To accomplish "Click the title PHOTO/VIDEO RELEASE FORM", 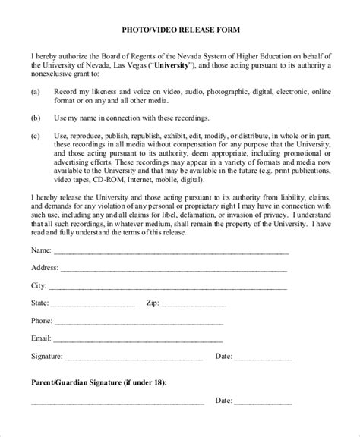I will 180,30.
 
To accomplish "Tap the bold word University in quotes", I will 170,65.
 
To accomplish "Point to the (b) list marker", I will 36,119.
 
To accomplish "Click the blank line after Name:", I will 169,251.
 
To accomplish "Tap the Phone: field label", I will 43,320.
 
